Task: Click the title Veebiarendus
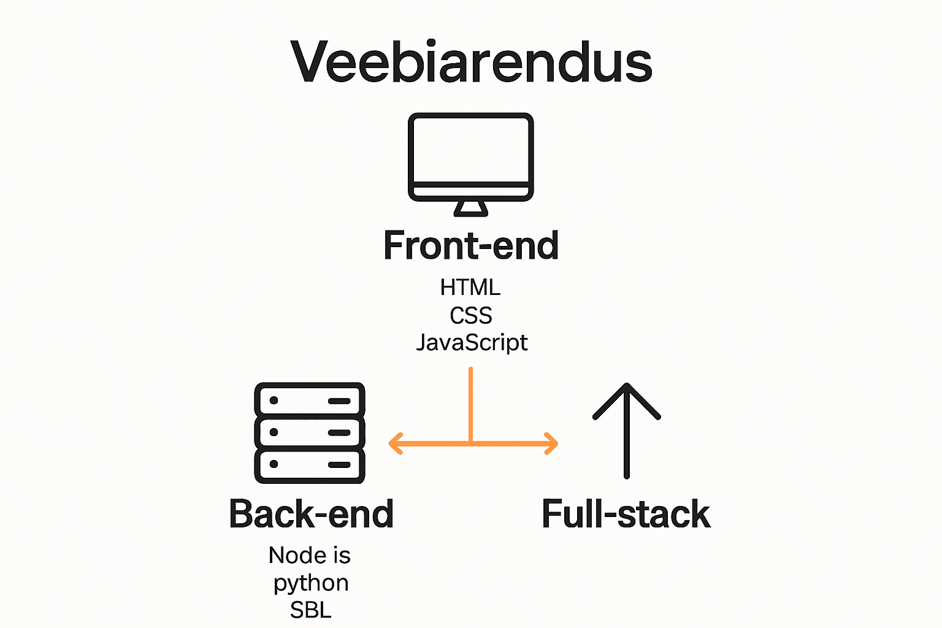pos(471,62)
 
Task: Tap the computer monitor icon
pos(471,158)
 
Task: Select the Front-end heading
pos(471,245)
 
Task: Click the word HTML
pos(470,287)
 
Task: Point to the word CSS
pos(471,315)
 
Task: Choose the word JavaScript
pos(472,342)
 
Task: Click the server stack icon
pos(310,433)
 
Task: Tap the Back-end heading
pos(311,514)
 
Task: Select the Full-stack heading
pos(626,514)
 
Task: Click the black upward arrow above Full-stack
pos(626,429)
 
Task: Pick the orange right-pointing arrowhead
pos(551,443)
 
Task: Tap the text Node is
pos(310,556)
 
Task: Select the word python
pos(311,583)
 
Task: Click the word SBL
pos(311,610)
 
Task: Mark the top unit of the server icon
pos(310,400)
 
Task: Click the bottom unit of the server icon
pos(310,465)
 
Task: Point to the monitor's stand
pos(471,209)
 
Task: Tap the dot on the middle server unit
pos(274,432)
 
